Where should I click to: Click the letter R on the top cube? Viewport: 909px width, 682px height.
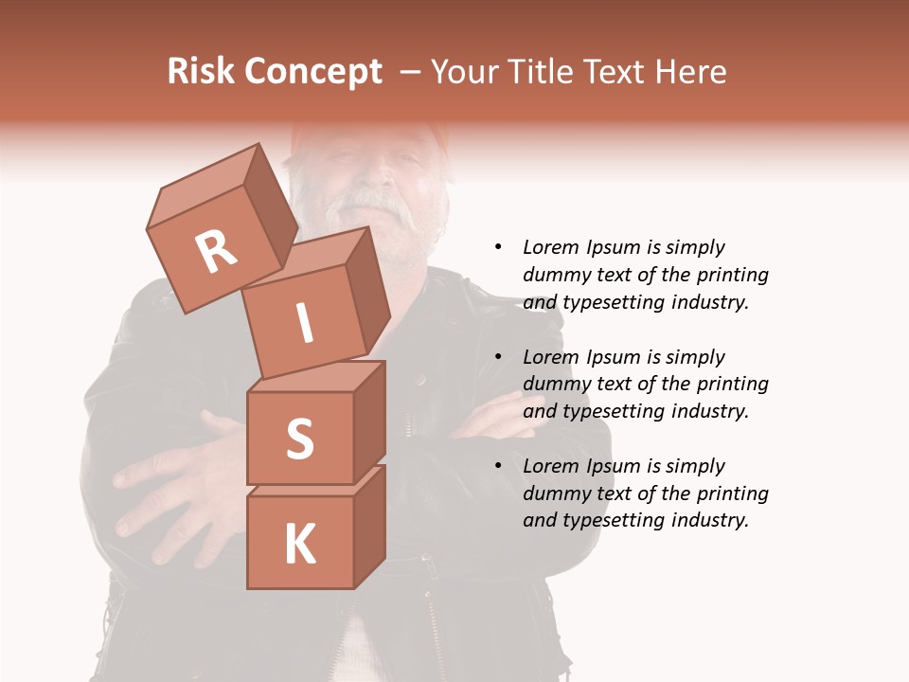[216, 251]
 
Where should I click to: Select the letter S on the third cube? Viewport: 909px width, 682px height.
[299, 439]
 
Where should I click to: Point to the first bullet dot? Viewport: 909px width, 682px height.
[499, 247]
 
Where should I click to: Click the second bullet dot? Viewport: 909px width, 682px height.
[499, 357]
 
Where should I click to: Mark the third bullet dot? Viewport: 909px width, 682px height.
[499, 466]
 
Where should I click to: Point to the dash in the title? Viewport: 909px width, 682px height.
[410, 72]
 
